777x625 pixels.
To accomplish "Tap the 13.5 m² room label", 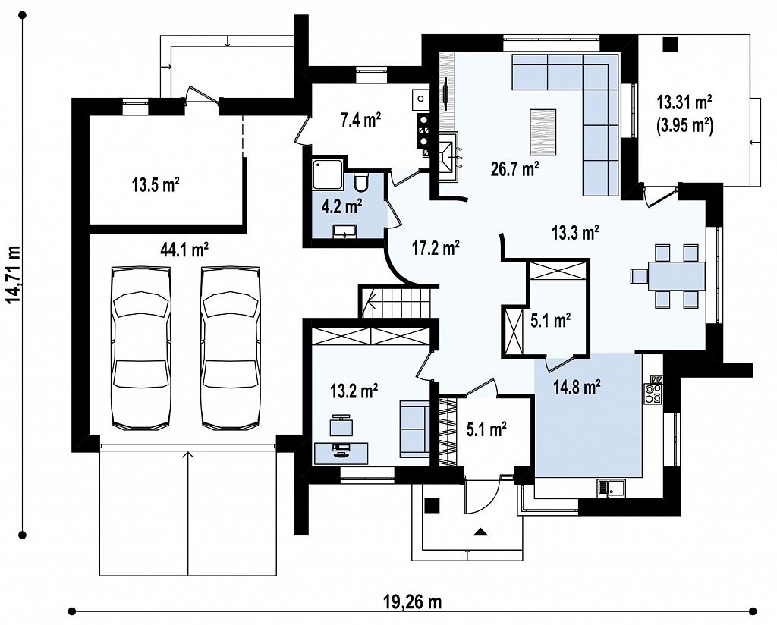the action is pos(156,186).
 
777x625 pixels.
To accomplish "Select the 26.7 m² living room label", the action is pos(515,169).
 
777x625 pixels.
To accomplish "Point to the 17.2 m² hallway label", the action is pos(436,247).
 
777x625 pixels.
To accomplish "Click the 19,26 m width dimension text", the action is pos(412,602).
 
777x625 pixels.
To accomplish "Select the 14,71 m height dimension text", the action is pos(14,274).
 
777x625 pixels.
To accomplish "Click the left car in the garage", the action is pos(141,347).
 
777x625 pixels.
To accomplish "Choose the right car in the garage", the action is pos(230,347).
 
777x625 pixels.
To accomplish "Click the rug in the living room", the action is pos(543,132).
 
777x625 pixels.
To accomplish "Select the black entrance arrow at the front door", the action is pos(480,532).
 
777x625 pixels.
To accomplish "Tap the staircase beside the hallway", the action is pos(395,302).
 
